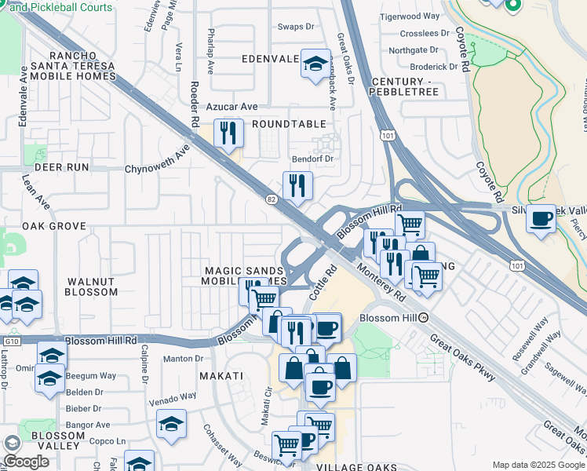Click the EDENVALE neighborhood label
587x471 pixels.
click(271, 59)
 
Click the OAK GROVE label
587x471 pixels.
click(53, 226)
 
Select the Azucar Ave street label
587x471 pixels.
click(232, 107)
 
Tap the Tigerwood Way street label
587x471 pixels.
click(410, 16)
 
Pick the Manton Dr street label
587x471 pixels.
click(183, 359)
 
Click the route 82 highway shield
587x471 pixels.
click(272, 200)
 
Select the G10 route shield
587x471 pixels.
click(10, 341)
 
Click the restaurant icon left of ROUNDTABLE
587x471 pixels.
click(228, 132)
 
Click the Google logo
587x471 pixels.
click(26, 462)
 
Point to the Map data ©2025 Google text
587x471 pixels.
click(538, 465)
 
